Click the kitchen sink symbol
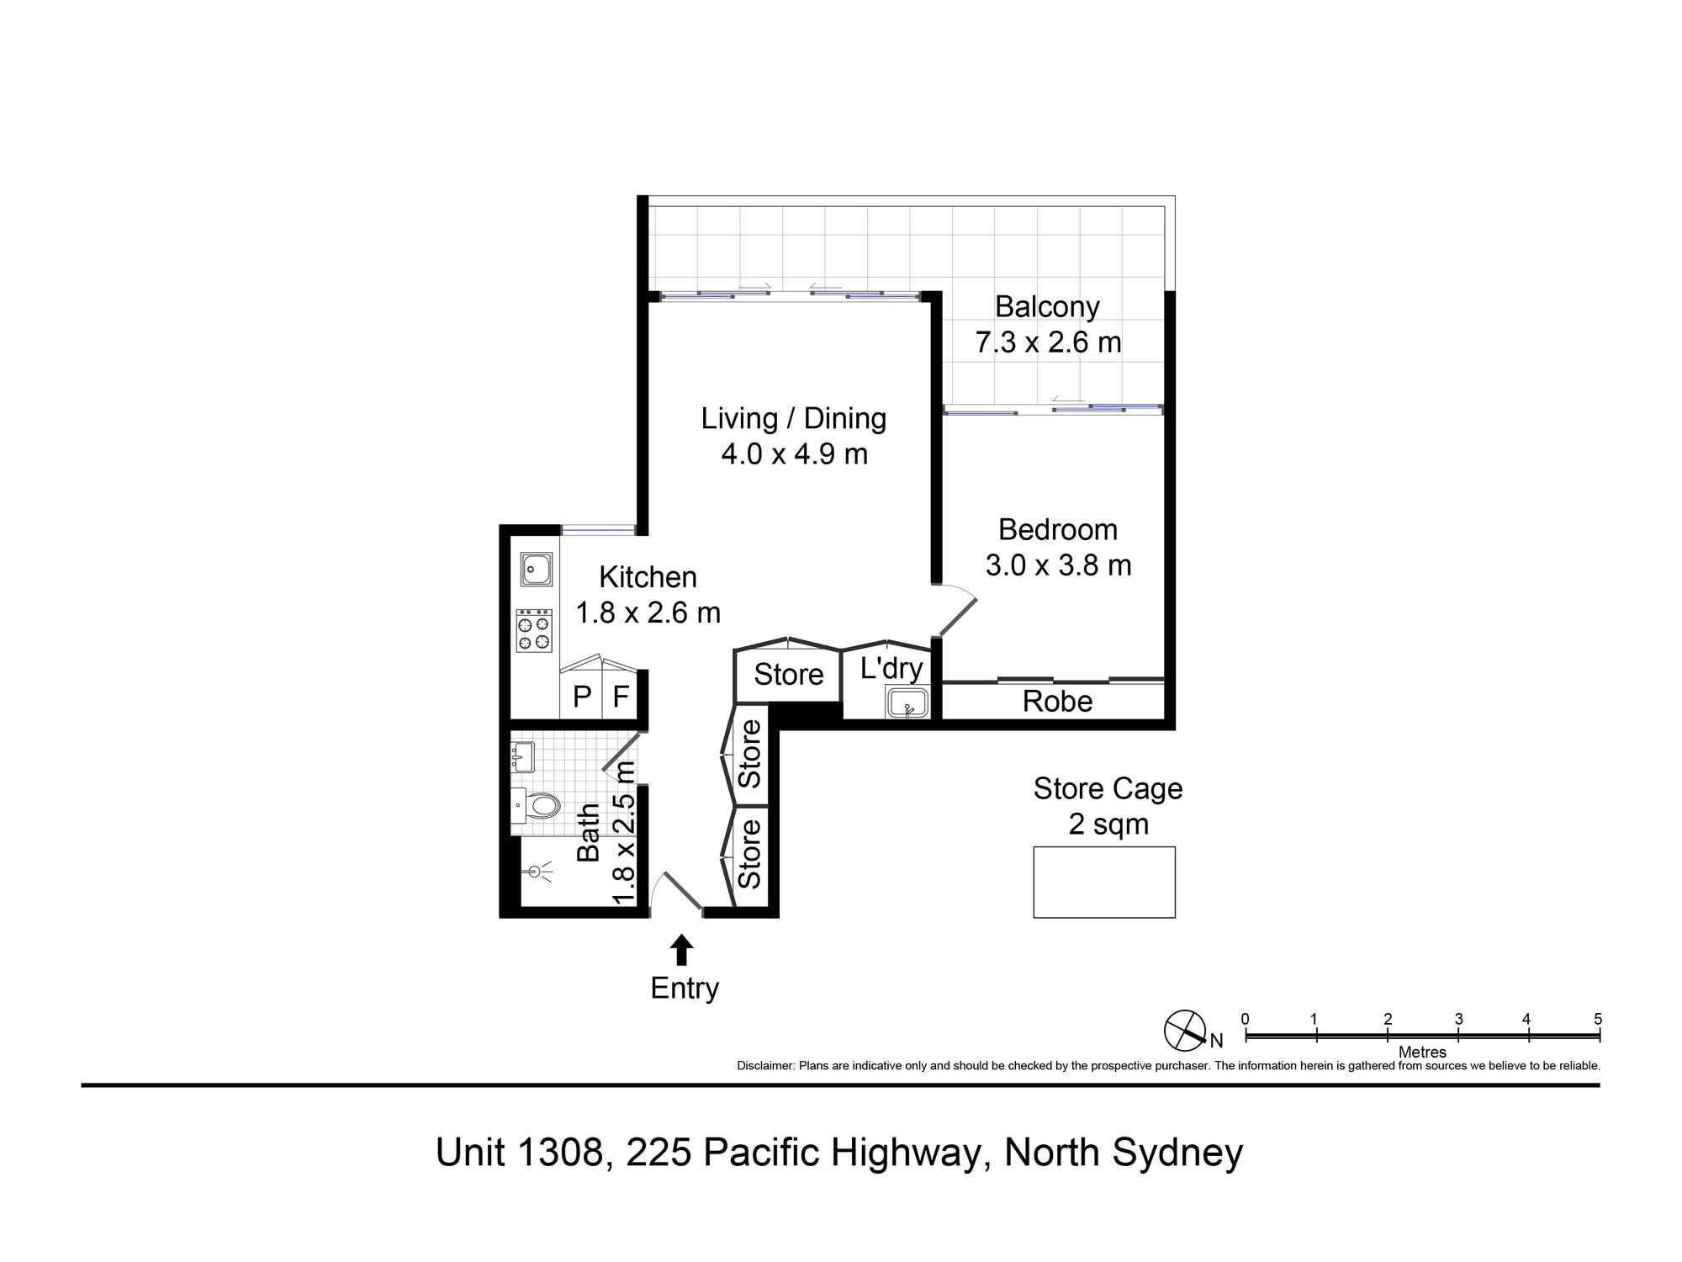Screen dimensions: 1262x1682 pyautogui.click(x=536, y=570)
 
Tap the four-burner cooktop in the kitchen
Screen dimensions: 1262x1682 pyautogui.click(x=534, y=630)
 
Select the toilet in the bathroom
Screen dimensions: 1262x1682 pyautogui.click(x=538, y=806)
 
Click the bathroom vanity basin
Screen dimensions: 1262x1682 pyautogui.click(x=522, y=756)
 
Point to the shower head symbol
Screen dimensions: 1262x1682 pyautogui.click(x=536, y=872)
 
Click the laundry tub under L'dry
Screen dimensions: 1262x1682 pyautogui.click(x=907, y=702)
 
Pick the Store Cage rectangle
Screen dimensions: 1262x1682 pyautogui.click(x=1103, y=882)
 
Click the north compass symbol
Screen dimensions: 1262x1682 pyautogui.click(x=1185, y=1030)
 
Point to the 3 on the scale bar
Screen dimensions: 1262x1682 pyautogui.click(x=1458, y=1019)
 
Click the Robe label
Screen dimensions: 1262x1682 pyautogui.click(x=1057, y=702)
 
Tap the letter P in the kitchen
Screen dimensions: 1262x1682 pyautogui.click(x=581, y=697)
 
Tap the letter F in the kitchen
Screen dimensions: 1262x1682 pyautogui.click(x=621, y=697)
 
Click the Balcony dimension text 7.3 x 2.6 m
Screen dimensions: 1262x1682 pyautogui.click(x=1048, y=342)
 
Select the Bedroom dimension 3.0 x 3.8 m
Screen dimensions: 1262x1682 pyautogui.click(x=1058, y=565)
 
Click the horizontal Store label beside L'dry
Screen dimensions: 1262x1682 pyautogui.click(x=788, y=675)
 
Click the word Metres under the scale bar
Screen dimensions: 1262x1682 pyautogui.click(x=1422, y=1052)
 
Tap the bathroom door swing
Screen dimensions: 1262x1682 pyautogui.click(x=621, y=753)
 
